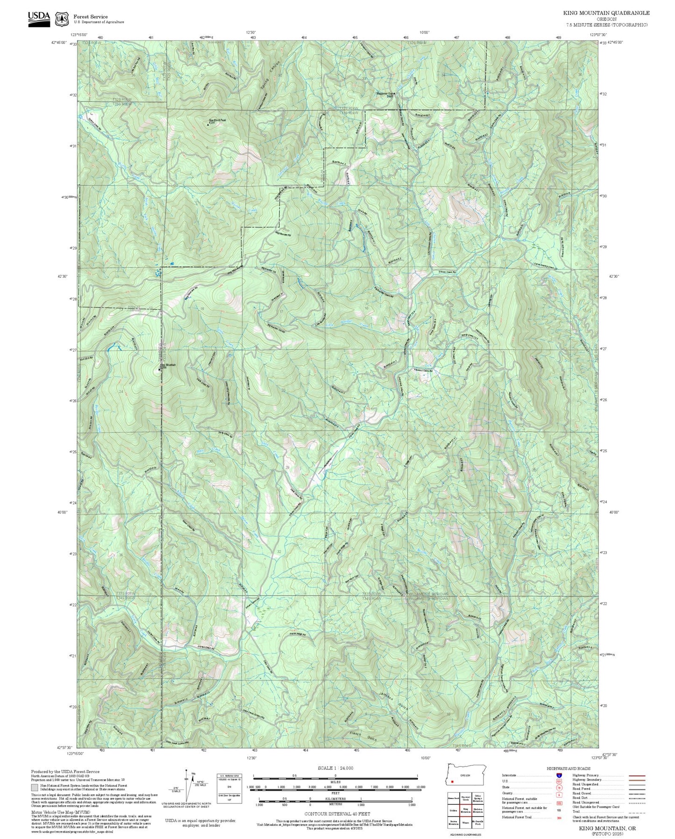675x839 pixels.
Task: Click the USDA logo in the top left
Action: pos(39,19)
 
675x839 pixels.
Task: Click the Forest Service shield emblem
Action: pos(62,19)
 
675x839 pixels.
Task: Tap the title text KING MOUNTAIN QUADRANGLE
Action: pos(606,13)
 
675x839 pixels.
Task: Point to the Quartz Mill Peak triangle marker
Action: pos(208,125)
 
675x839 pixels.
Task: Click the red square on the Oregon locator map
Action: pos(452,781)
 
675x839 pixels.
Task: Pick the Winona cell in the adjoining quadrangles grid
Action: pos(465,822)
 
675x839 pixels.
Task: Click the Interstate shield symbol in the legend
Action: pos(559,775)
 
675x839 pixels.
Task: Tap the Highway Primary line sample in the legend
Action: pos(637,775)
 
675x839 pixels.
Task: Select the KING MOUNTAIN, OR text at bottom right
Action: pos(607,828)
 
